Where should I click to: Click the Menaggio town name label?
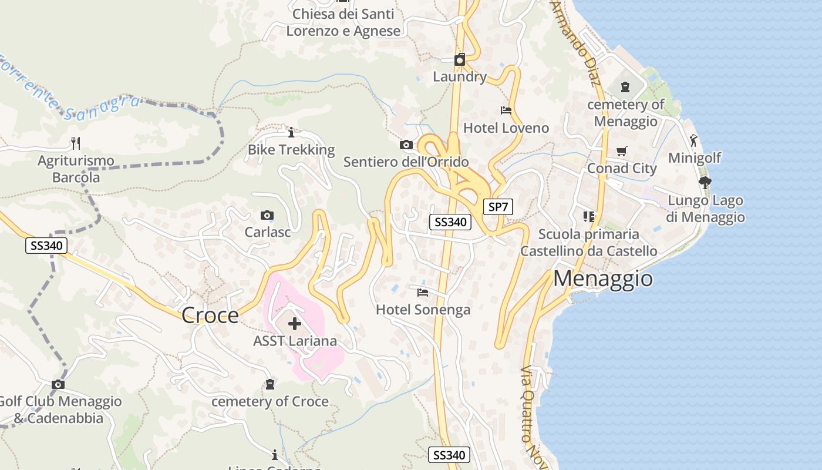tap(603, 278)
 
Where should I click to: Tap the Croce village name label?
tap(210, 315)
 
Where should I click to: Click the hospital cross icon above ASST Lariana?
tap(295, 324)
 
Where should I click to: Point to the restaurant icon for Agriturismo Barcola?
tap(75, 143)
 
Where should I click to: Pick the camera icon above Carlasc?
tap(267, 215)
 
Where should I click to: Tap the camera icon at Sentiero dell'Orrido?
tap(406, 145)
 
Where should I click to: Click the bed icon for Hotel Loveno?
tap(506, 110)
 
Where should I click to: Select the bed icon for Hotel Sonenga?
tap(423, 292)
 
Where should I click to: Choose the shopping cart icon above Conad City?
tap(622, 151)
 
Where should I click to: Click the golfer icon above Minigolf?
tap(694, 140)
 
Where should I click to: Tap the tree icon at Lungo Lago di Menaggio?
tap(705, 183)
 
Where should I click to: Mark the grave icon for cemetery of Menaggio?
tap(625, 87)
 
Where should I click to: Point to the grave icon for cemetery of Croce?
tap(269, 384)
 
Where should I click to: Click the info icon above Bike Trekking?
tap(291, 132)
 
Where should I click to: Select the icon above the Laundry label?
tap(460, 59)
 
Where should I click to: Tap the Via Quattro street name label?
tap(527, 405)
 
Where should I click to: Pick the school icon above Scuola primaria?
tap(589, 217)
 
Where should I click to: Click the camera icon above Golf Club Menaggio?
tap(58, 384)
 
